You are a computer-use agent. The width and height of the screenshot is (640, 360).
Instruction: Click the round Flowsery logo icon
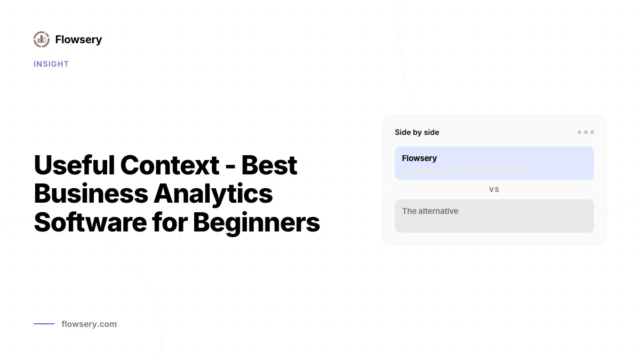point(42,39)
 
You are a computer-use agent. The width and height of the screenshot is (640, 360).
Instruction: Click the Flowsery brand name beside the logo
point(78,39)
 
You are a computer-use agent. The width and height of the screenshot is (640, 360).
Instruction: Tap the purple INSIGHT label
point(51,64)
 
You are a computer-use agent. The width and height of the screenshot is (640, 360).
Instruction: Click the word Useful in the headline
point(74,165)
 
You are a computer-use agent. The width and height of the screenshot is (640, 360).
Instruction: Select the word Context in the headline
point(170,165)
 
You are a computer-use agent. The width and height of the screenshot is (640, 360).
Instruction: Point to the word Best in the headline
point(269,165)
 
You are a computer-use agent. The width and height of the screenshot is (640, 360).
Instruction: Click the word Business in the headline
point(91,194)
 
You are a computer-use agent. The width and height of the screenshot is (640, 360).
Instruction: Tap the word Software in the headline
point(90,222)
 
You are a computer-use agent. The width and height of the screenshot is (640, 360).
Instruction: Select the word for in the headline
point(170,222)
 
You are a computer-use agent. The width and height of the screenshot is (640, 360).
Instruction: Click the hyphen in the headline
point(230,167)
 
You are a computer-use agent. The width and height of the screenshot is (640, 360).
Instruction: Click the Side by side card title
point(417,132)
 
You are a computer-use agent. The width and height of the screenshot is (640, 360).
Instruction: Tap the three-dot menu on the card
point(586,132)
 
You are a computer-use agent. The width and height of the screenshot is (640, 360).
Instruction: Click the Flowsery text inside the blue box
point(419,158)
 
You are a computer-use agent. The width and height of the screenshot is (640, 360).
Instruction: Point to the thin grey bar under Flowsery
point(466,171)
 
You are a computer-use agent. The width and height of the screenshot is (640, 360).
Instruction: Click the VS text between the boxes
point(494,190)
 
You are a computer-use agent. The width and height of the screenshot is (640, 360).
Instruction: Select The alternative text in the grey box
point(430,211)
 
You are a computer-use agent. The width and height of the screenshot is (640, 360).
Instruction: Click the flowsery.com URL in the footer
point(89,324)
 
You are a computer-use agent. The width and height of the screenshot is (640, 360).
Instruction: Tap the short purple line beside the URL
point(44,324)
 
